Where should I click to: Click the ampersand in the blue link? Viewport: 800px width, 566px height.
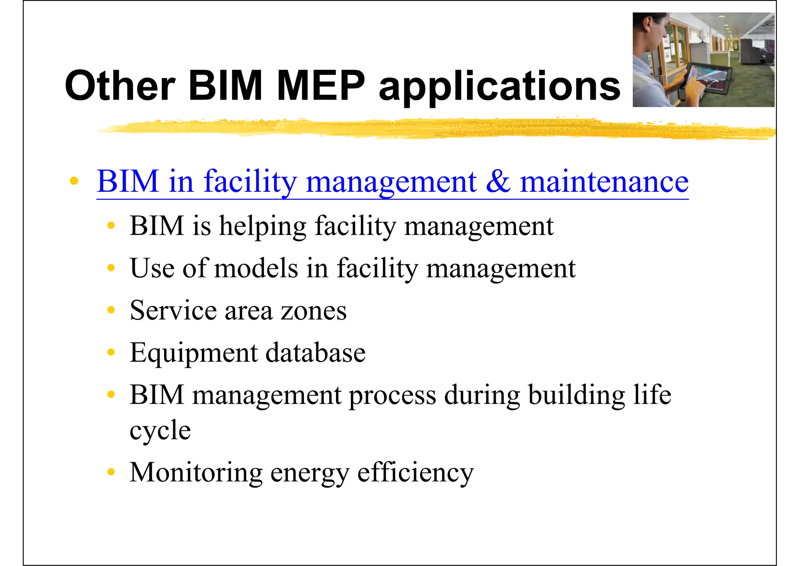[x=498, y=182]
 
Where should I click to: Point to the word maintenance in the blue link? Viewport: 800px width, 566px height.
[x=604, y=182]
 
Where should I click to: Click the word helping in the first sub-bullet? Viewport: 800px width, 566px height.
[x=262, y=227]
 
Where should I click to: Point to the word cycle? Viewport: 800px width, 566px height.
[x=160, y=432]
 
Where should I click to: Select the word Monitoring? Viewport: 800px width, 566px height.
[x=196, y=473]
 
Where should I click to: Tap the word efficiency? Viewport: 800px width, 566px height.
[x=415, y=473]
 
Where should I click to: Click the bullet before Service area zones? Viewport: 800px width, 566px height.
[x=111, y=310]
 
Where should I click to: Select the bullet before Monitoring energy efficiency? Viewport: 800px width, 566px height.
[x=111, y=472]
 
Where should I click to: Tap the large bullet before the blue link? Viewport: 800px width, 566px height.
[x=74, y=181]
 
